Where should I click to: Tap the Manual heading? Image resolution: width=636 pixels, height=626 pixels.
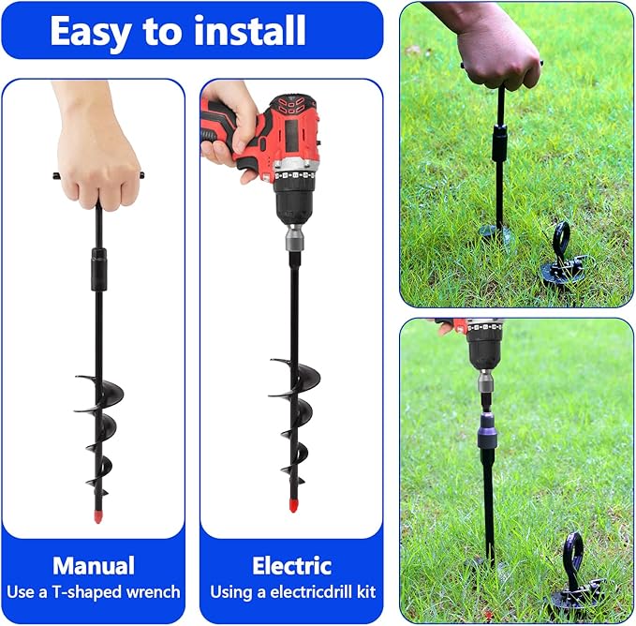pyautogui.click(x=93, y=565)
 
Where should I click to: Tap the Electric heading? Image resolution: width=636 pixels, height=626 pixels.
pyautogui.click(x=291, y=565)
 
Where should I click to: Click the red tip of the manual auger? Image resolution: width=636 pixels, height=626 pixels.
pyautogui.click(x=97, y=514)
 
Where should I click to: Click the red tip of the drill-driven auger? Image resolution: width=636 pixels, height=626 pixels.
pyautogui.click(x=293, y=506)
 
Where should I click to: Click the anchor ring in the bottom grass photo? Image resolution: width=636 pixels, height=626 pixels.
pyautogui.click(x=571, y=553)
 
